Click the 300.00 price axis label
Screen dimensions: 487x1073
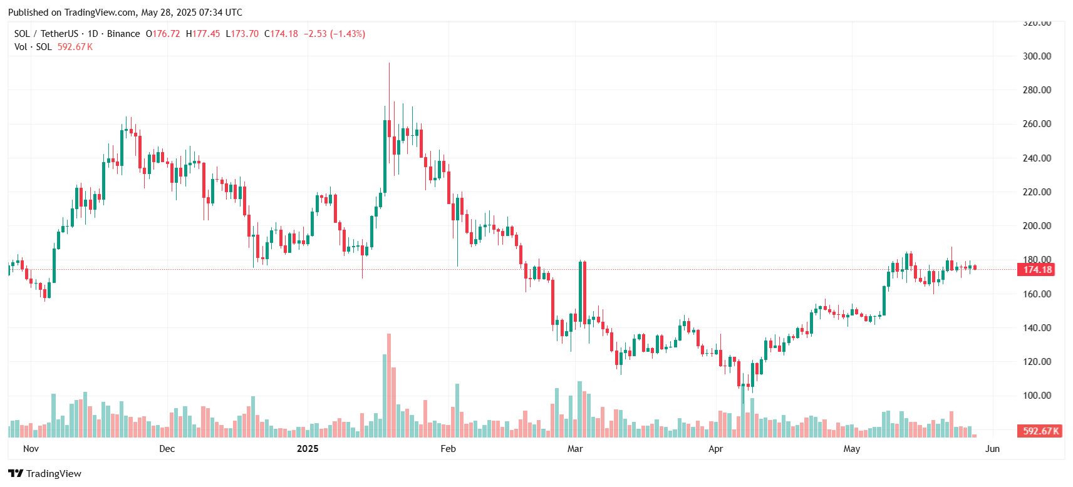(1037, 56)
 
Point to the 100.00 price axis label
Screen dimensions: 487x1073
(1037, 396)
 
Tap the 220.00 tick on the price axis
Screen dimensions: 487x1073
(1037, 192)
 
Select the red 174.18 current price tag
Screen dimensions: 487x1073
(1037, 270)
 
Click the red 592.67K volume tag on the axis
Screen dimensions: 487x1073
(1040, 431)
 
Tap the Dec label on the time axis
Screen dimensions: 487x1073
(167, 449)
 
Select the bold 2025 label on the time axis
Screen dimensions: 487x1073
(308, 449)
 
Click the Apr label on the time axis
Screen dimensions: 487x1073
(715, 449)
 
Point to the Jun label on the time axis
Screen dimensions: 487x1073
(992, 449)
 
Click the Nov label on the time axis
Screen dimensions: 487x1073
(31, 449)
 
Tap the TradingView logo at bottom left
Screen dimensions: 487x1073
(45, 474)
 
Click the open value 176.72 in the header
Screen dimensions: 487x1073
(166, 34)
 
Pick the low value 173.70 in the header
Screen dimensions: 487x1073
(245, 34)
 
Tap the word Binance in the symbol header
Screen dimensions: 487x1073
(123, 34)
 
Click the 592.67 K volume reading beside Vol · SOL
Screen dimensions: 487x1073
(75, 47)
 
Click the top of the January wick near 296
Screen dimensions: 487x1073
(389, 63)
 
